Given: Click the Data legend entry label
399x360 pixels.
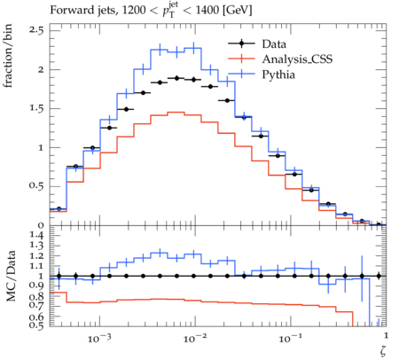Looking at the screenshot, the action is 274,44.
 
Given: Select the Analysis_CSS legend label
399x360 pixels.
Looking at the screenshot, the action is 297,59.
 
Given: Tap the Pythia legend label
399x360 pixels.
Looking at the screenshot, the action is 278,74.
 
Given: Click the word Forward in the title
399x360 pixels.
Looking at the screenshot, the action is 67,10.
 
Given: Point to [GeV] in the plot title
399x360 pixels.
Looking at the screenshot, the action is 238,11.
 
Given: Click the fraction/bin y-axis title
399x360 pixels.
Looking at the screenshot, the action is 8,56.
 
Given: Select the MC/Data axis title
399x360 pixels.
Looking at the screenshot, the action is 11,276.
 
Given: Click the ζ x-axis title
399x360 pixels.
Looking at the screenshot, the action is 383,351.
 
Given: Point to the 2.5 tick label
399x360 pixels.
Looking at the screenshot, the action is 36,30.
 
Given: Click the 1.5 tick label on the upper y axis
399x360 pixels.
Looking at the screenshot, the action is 36,108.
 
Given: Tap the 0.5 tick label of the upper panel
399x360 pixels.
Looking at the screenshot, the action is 36,186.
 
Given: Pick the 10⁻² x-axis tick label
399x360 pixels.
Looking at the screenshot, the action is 193,339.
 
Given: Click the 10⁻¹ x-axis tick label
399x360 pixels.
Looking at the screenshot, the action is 289,339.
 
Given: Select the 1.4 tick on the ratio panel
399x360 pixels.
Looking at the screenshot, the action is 37,235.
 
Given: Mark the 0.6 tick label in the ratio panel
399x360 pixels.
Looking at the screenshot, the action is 37,317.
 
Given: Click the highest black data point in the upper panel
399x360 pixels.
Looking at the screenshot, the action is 177,78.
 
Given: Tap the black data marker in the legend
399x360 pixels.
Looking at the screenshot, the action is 241,43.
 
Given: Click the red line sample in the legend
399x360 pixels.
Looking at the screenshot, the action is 241,59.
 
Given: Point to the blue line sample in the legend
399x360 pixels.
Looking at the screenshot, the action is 241,74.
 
